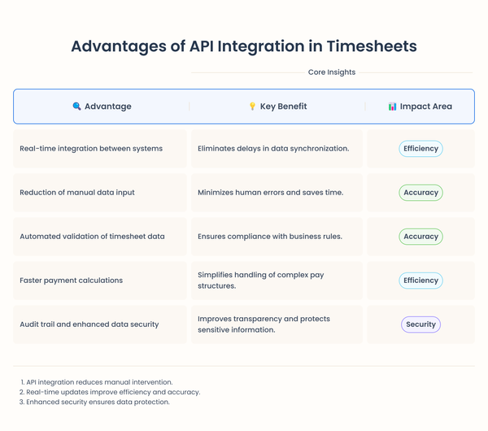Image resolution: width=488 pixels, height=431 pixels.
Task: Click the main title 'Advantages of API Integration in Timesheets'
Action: point(244,46)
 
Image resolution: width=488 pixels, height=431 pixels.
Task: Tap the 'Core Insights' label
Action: point(331,72)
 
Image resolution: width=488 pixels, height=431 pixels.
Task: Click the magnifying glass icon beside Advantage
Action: point(76,107)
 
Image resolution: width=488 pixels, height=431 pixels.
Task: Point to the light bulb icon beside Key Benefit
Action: point(252,107)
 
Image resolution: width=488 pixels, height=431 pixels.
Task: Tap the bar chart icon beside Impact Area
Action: point(393,107)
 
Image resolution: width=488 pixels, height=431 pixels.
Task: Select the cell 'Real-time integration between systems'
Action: point(91,149)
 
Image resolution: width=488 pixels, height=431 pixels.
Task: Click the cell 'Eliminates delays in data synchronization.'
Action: point(273,149)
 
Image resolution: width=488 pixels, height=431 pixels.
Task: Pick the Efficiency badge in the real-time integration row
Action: point(420,149)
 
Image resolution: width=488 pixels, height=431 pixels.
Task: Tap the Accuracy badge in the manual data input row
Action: point(420,193)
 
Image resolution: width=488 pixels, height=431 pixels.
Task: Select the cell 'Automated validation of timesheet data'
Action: point(92,237)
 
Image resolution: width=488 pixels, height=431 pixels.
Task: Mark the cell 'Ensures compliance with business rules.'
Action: point(269,237)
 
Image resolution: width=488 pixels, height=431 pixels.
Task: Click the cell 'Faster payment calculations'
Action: point(72,281)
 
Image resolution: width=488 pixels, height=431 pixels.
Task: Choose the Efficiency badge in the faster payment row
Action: point(420,281)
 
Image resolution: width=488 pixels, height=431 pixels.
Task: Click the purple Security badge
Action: point(420,324)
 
